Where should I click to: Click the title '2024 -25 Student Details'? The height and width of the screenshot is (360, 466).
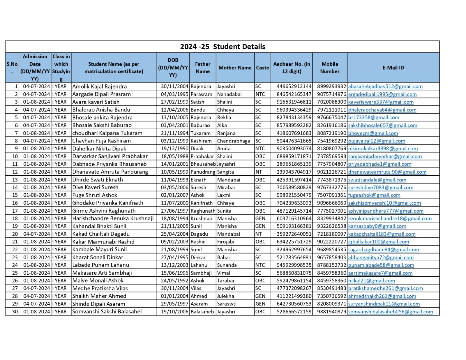(223, 47)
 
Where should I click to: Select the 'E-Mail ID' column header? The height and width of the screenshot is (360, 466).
(393, 68)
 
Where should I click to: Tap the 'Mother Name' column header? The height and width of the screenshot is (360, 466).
(235, 68)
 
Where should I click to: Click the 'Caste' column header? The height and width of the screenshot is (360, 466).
(262, 68)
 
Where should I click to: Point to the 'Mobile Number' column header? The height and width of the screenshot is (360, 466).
(330, 68)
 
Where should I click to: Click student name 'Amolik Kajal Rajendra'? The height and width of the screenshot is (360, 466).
(99, 87)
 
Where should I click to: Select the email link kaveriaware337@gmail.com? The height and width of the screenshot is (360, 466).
(381, 102)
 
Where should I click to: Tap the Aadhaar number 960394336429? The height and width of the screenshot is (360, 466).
(294, 110)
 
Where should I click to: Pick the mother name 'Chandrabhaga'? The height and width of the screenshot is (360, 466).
(234, 141)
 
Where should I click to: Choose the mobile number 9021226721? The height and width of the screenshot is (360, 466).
(331, 172)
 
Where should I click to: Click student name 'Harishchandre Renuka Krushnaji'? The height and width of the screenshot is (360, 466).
(113, 218)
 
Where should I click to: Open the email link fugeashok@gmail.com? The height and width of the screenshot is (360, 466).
(374, 195)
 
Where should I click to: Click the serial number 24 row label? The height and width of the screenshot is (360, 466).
(15, 265)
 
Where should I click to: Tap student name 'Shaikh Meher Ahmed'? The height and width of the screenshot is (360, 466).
(99, 296)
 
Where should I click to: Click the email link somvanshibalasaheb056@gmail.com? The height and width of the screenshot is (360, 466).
(390, 312)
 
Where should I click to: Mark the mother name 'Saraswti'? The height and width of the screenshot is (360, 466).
(227, 304)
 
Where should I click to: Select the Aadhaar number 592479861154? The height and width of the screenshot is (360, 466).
(294, 280)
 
